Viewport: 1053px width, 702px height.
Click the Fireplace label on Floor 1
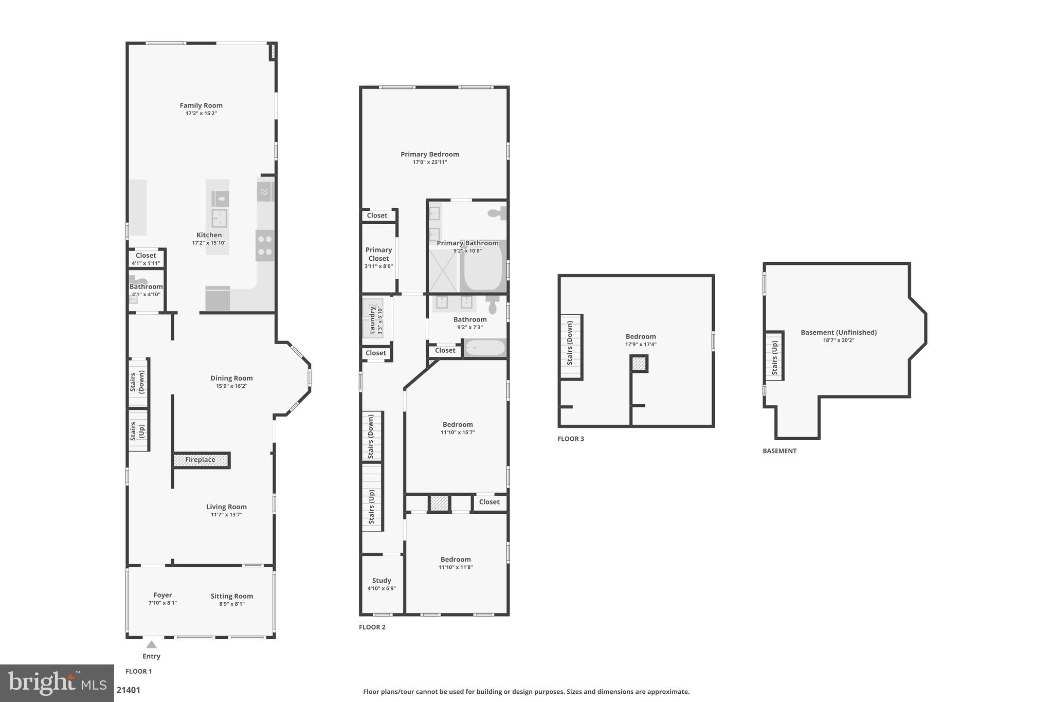[x=200, y=460]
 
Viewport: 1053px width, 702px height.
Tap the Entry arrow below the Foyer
[x=151, y=644]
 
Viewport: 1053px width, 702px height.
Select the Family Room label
[x=201, y=105]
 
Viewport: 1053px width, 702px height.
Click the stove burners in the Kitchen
[x=265, y=245]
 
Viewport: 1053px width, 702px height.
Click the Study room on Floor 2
[x=382, y=584]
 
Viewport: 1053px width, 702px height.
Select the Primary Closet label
[x=378, y=254]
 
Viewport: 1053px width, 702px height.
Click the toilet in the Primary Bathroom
[x=498, y=213]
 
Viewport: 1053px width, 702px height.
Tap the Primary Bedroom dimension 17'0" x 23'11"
[x=430, y=162]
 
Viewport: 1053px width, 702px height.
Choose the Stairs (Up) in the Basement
[x=774, y=356]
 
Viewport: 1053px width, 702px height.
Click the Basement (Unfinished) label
[x=838, y=332]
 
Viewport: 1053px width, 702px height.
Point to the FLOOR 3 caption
[x=571, y=439]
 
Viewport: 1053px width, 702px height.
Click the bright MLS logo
[x=57, y=683]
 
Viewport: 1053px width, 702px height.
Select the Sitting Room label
[x=231, y=596]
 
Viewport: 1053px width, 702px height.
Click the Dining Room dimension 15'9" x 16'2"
[x=231, y=386]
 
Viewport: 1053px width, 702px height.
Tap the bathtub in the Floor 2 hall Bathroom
[x=484, y=348]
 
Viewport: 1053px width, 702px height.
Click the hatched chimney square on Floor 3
[x=639, y=364]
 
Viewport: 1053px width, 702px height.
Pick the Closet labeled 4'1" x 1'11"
[x=146, y=259]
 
